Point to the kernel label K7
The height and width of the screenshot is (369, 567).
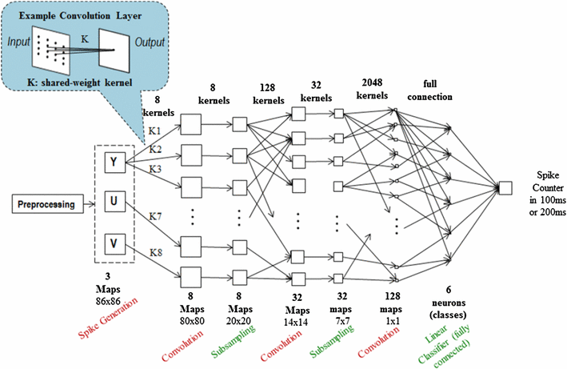point(156,215)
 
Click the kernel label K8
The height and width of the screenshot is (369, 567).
point(156,253)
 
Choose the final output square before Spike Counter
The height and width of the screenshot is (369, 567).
point(505,188)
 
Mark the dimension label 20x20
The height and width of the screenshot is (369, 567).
point(246,306)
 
